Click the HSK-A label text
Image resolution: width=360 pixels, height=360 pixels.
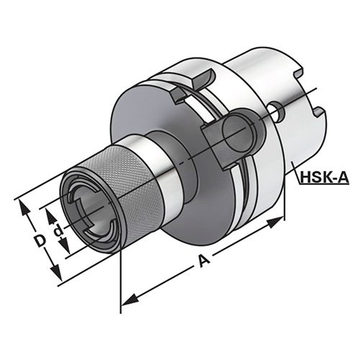tap(325, 178)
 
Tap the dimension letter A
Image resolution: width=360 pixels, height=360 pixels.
tap(204, 261)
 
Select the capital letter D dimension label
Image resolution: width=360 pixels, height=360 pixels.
tap(39, 241)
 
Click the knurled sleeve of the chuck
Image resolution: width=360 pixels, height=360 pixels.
tap(135, 189)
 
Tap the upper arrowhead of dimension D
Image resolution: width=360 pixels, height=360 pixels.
tap(24, 207)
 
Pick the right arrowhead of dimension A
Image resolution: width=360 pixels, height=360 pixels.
tap(276, 222)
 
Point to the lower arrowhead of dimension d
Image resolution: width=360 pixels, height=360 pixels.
tap(65, 246)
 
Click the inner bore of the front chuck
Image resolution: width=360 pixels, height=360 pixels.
tap(92, 210)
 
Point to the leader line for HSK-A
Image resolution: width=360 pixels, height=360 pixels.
tap(296, 171)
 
